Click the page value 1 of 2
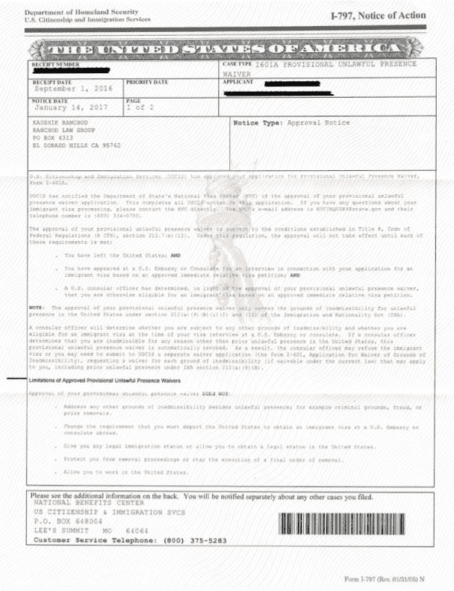pyautogui.click(x=138, y=107)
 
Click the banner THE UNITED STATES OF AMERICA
pyautogui.click(x=225, y=49)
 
